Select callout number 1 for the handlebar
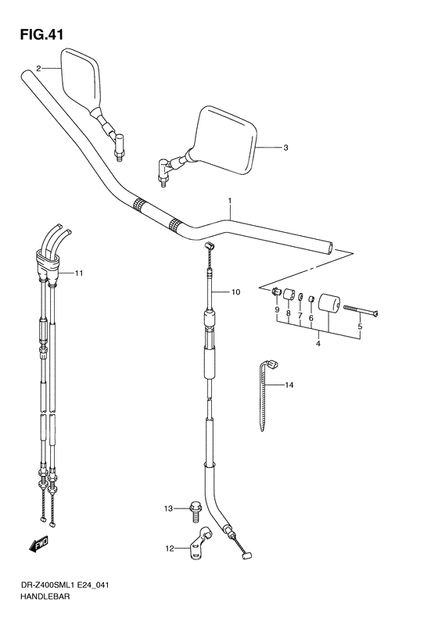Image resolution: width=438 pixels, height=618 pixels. (x=230, y=201)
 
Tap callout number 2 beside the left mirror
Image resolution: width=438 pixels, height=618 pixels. (x=38, y=69)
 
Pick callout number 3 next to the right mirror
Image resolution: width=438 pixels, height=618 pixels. (x=286, y=147)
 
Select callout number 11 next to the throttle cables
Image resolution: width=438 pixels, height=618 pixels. (x=79, y=273)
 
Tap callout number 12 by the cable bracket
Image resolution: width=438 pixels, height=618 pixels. (x=169, y=548)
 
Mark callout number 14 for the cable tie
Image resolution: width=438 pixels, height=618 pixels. (x=289, y=385)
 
